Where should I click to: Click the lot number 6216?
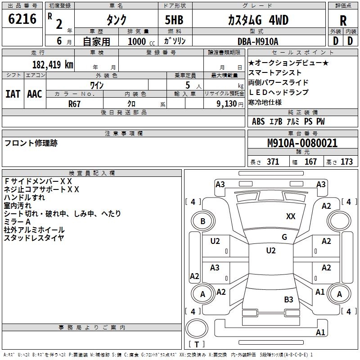click(x=22, y=19)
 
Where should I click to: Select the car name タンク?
click(x=116, y=20)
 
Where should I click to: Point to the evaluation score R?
click(x=343, y=20)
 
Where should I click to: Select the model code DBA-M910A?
click(x=258, y=41)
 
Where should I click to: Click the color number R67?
click(x=75, y=104)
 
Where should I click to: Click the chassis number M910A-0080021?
click(x=302, y=143)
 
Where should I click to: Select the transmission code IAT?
click(x=13, y=94)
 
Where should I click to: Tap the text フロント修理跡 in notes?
click(x=31, y=143)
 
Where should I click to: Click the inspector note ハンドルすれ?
click(x=24, y=197)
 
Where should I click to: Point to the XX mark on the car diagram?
click(x=291, y=216)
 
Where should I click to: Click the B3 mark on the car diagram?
click(x=288, y=299)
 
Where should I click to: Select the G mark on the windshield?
click(x=284, y=237)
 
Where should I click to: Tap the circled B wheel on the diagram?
click(x=202, y=221)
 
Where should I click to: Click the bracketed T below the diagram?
click(x=197, y=345)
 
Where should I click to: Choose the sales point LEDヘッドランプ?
click(x=279, y=92)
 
